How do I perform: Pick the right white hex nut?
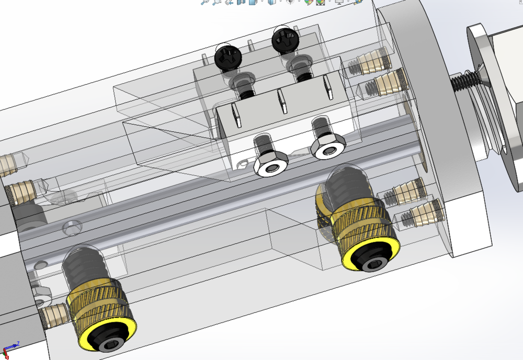coord(328,148)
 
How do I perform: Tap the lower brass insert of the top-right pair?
coord(384,83)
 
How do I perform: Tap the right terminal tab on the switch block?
coord(328,86)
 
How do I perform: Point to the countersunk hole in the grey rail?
coord(72,228)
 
